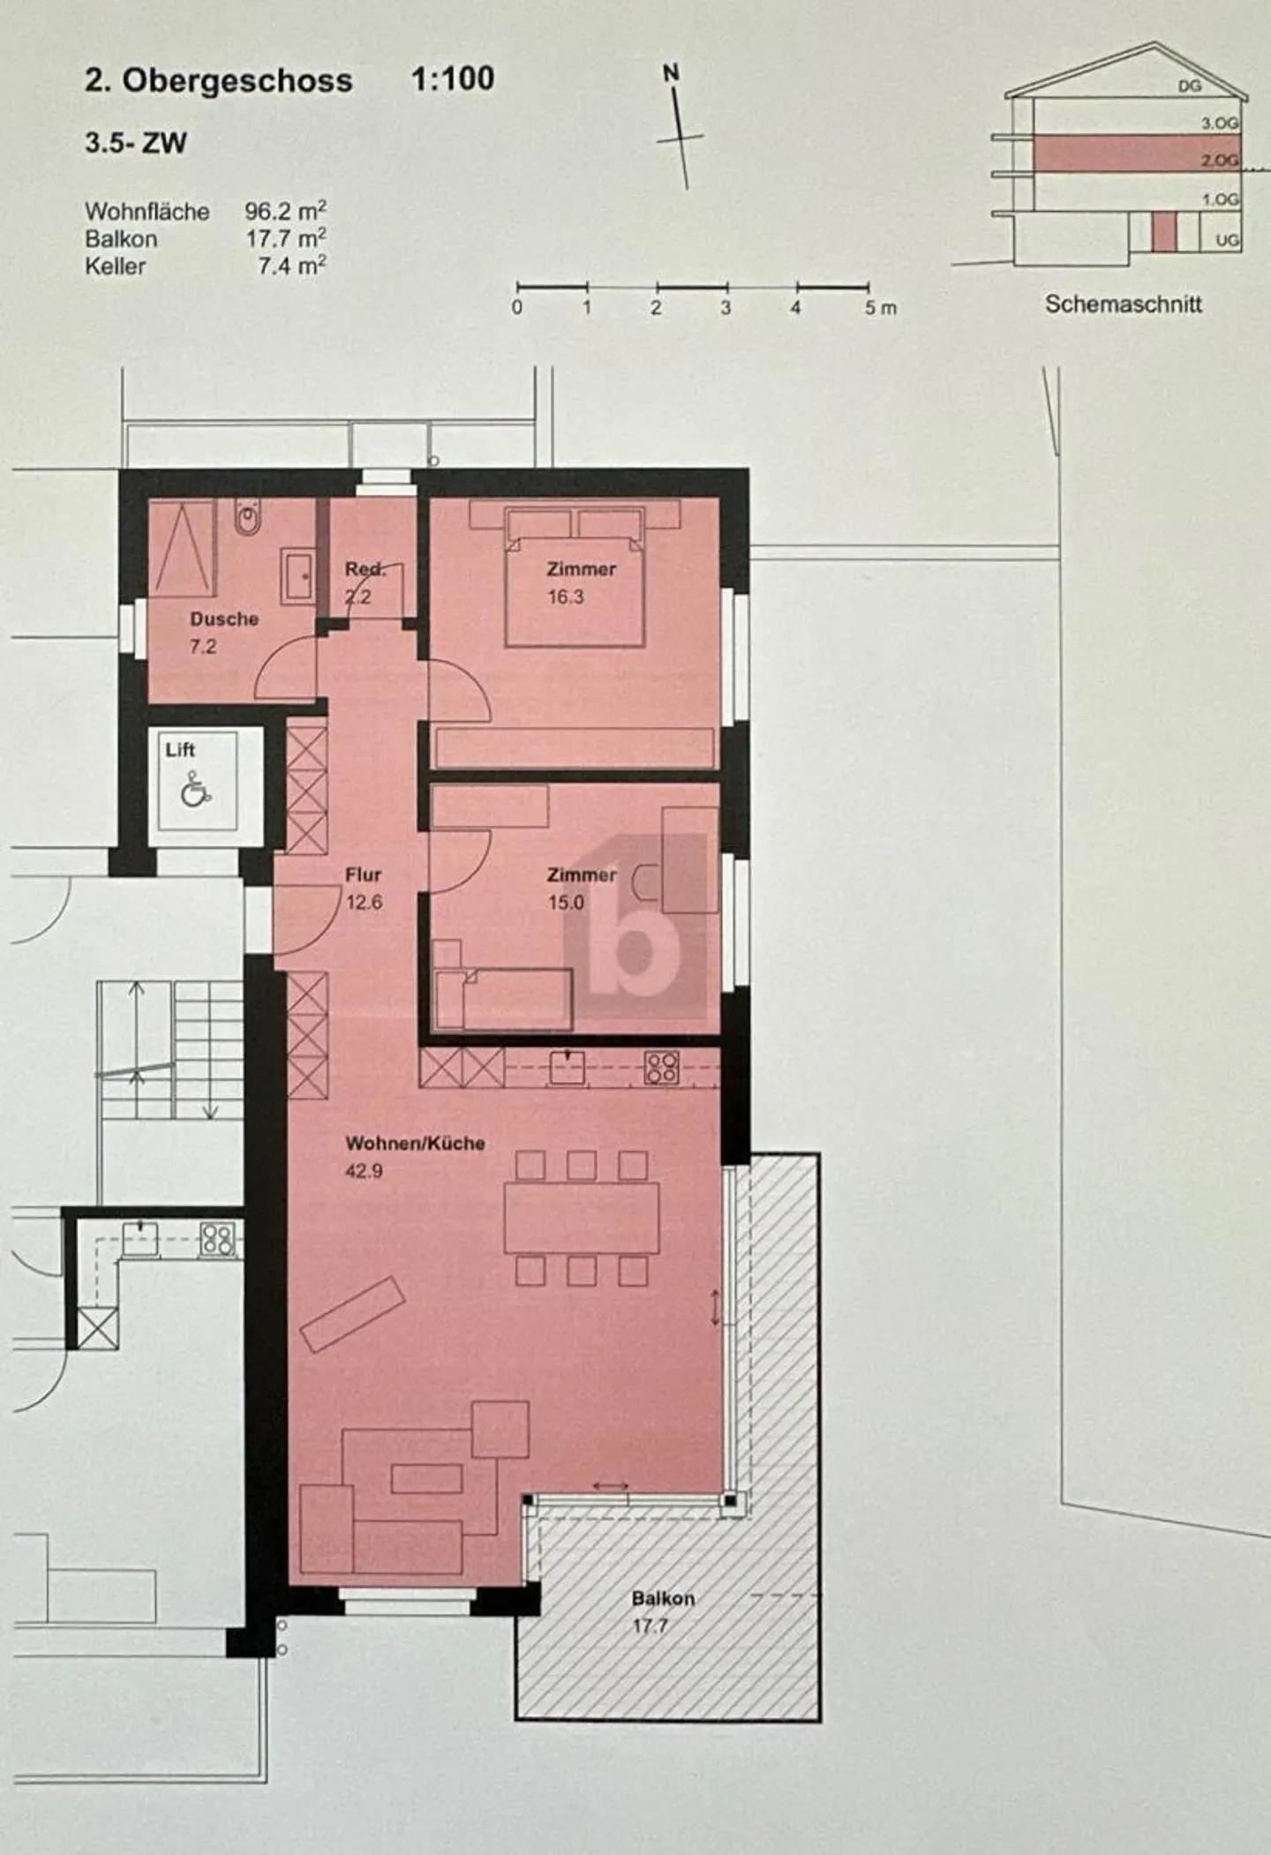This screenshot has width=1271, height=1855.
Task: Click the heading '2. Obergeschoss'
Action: coord(218,81)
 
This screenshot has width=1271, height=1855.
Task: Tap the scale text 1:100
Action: coord(453,79)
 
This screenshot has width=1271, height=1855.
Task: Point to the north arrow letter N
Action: coord(672,73)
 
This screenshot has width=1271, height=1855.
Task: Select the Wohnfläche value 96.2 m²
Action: coord(285,212)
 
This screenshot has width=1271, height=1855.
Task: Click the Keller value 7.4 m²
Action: coord(292,266)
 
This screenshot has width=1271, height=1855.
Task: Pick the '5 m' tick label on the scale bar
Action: coord(879,308)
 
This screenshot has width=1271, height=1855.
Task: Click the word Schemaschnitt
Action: coord(1123,304)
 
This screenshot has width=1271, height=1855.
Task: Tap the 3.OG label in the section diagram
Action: coord(1219,124)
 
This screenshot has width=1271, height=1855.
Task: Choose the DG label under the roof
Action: coord(1190,86)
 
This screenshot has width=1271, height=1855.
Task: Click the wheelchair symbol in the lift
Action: coord(195,789)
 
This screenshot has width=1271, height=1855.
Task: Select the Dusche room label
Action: coord(224,620)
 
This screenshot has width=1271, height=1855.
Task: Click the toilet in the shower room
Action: coord(247,519)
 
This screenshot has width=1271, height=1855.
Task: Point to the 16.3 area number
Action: coord(566,597)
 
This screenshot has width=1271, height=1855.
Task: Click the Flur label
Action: coord(363,875)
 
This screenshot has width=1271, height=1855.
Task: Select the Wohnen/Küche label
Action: coord(415,1144)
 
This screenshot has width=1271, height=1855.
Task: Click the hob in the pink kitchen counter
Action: coord(662,1069)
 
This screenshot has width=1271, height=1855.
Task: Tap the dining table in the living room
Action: coord(582,1218)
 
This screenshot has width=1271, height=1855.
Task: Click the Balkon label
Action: coord(663,1598)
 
